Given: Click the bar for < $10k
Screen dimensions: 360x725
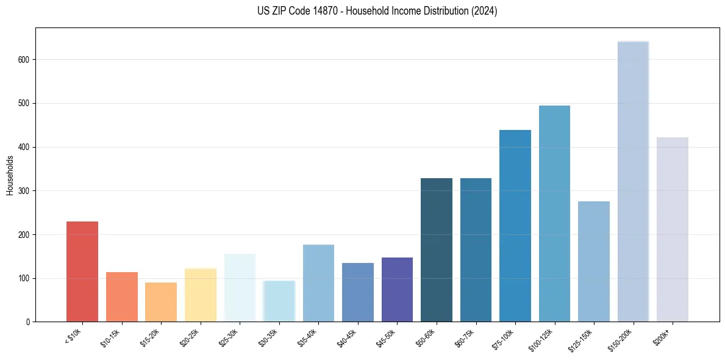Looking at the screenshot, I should click(x=82, y=272).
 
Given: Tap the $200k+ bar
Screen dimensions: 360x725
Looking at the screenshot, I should click(x=672, y=229).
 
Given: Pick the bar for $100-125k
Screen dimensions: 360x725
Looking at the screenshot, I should click(x=554, y=214).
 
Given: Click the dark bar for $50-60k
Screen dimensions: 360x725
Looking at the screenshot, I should click(x=437, y=250).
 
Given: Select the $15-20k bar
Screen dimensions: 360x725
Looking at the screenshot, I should click(x=161, y=302).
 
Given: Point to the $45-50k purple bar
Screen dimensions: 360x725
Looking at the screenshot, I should click(x=397, y=290).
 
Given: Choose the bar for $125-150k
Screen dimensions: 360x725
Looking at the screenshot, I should click(x=593, y=262).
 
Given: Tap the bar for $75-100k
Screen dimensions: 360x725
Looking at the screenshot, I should click(x=515, y=226).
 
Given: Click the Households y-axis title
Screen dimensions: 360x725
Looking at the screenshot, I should click(x=10, y=175).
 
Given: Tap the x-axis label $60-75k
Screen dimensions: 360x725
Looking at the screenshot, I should click(x=464, y=337).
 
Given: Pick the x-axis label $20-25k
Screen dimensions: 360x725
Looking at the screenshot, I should click(x=189, y=337).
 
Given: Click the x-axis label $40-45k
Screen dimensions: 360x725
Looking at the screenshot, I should click(x=346, y=337).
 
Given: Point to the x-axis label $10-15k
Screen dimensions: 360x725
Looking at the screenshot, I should click(x=110, y=337).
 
